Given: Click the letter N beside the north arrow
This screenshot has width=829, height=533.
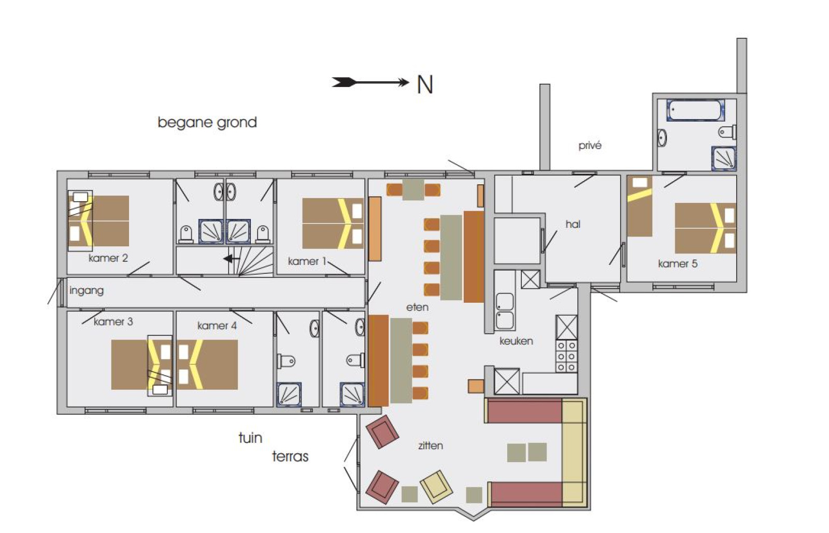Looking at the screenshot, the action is (425, 85).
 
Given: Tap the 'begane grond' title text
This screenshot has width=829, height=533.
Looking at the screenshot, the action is (207, 123).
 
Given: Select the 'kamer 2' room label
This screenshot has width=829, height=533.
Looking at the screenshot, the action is (108, 258).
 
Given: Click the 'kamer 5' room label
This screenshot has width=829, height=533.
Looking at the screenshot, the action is (678, 263).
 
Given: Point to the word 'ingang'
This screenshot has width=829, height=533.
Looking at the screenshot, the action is (87, 290).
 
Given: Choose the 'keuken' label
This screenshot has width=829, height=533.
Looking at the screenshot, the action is (516, 341).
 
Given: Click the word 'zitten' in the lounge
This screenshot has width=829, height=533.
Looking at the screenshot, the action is (431, 446).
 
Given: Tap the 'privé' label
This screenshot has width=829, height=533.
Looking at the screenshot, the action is (590, 145).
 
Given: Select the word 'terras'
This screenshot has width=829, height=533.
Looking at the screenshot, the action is (290, 456).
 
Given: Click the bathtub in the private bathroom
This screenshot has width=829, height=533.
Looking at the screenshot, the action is (695, 110).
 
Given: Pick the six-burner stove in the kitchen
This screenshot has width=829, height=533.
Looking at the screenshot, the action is (567, 356).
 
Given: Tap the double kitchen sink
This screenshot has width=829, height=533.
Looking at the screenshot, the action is (504, 311).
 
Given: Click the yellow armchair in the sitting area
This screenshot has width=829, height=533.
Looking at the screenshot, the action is (436, 487).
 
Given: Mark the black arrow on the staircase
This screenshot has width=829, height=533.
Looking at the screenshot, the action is (231, 259).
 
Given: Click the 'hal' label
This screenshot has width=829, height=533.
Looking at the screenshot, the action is (573, 224).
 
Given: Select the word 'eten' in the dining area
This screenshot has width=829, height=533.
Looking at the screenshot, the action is (417, 307).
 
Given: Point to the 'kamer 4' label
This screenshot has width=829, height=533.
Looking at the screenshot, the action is (217, 325).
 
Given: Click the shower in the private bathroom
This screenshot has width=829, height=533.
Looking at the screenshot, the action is (723, 158).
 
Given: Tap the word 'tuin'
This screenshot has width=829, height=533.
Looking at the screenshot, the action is (251, 438).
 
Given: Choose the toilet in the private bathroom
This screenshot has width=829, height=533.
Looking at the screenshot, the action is (727, 132).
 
